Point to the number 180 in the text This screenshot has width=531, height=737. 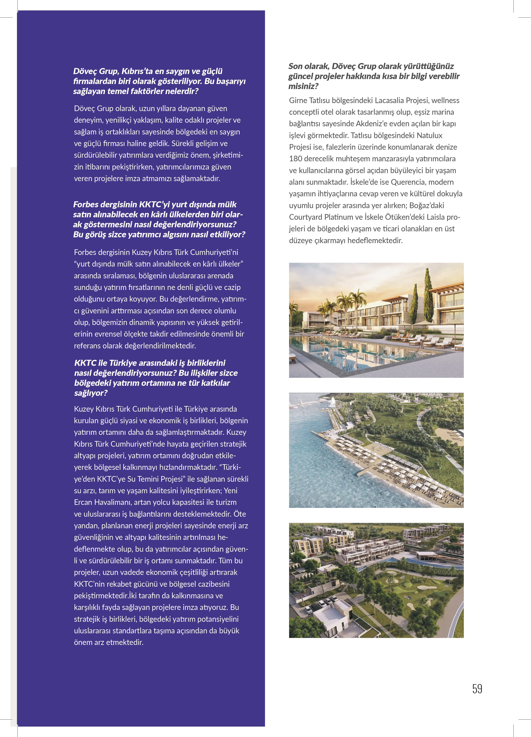296,159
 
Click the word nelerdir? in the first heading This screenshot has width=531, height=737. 182,91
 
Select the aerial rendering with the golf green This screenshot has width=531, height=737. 376,580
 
